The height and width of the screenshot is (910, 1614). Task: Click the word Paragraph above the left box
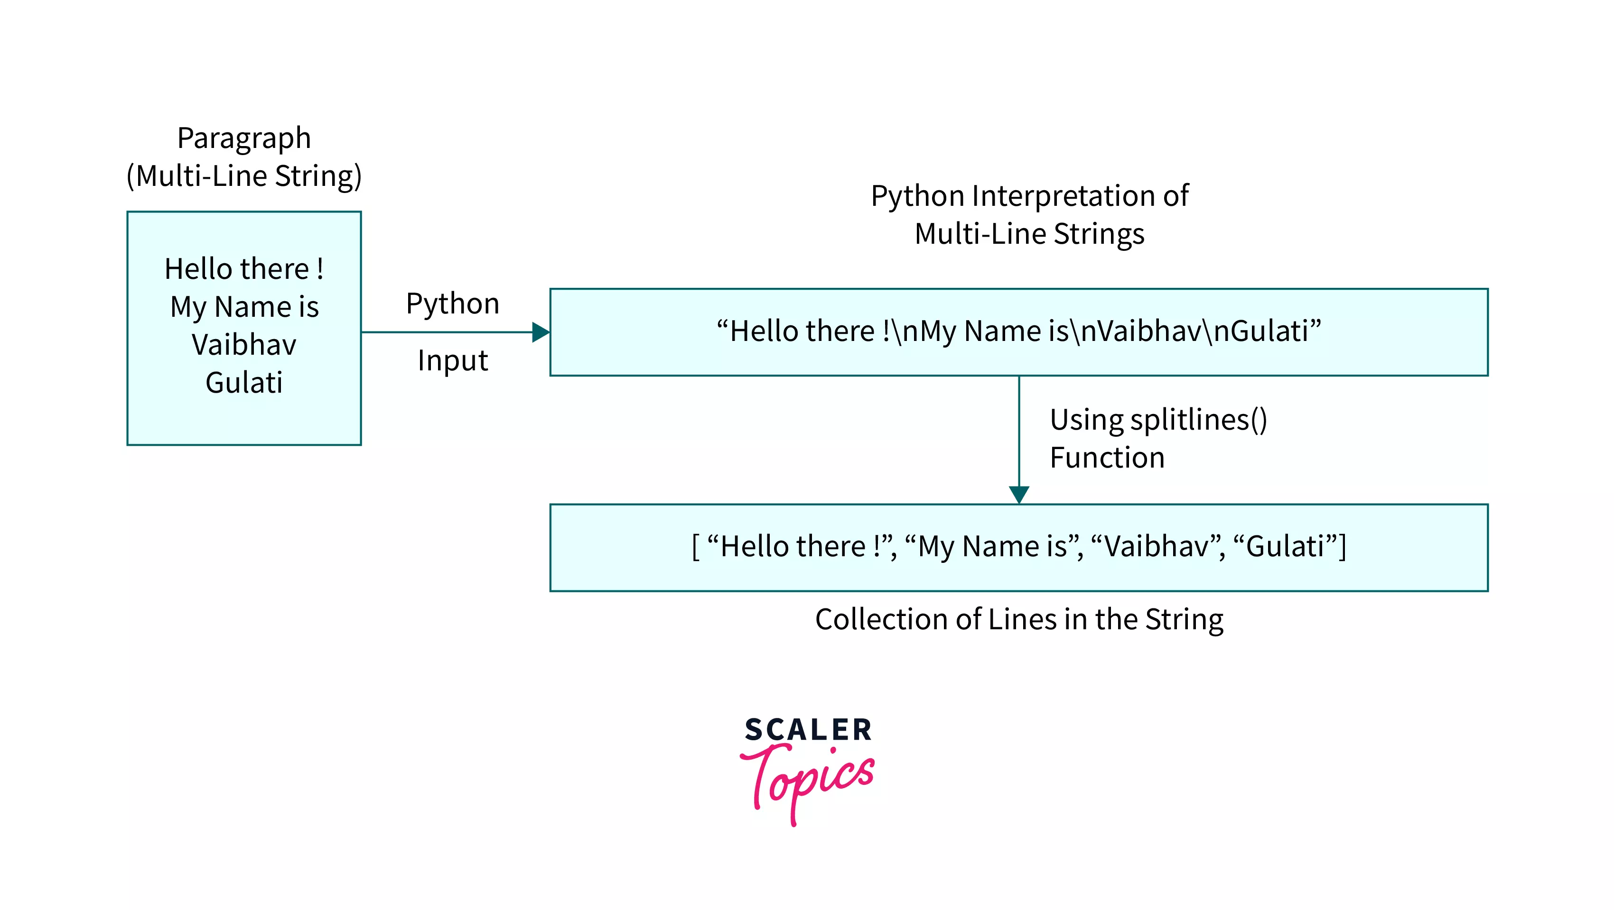[x=244, y=138]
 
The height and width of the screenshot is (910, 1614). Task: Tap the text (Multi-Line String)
[x=244, y=176]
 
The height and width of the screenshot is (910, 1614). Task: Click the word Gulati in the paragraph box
[x=244, y=383]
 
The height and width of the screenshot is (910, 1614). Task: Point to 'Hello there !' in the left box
[x=244, y=269]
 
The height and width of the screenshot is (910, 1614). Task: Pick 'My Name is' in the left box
[x=244, y=307]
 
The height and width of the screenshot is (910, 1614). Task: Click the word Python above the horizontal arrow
[x=452, y=304]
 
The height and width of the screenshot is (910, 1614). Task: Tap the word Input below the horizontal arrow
[x=452, y=361]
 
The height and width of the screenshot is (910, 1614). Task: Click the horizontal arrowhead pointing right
[x=540, y=332]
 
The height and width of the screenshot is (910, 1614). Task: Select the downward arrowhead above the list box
[x=1019, y=494]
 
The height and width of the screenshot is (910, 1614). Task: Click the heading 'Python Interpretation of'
[x=1029, y=196]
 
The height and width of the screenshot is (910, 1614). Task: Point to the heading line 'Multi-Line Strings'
[x=1029, y=234]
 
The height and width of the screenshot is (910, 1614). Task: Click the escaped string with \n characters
[x=1019, y=331]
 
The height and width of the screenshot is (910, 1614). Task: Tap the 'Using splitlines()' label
[x=1158, y=420]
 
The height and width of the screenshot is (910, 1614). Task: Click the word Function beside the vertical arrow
[x=1107, y=458]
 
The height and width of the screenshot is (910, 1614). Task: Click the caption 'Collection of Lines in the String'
[x=1019, y=619]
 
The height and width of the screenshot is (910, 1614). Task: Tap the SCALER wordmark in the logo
[x=808, y=730]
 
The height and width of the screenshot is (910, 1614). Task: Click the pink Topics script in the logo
[x=808, y=780]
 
